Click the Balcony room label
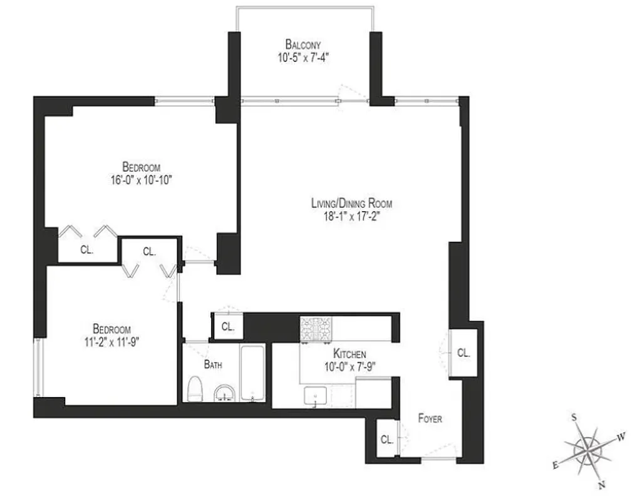(x=303, y=44)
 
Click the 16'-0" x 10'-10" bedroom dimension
(x=142, y=179)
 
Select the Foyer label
(x=430, y=418)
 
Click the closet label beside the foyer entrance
(x=386, y=440)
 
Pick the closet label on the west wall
(x=463, y=353)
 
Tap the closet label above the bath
(x=227, y=327)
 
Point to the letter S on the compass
(x=574, y=418)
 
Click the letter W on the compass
(x=621, y=437)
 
